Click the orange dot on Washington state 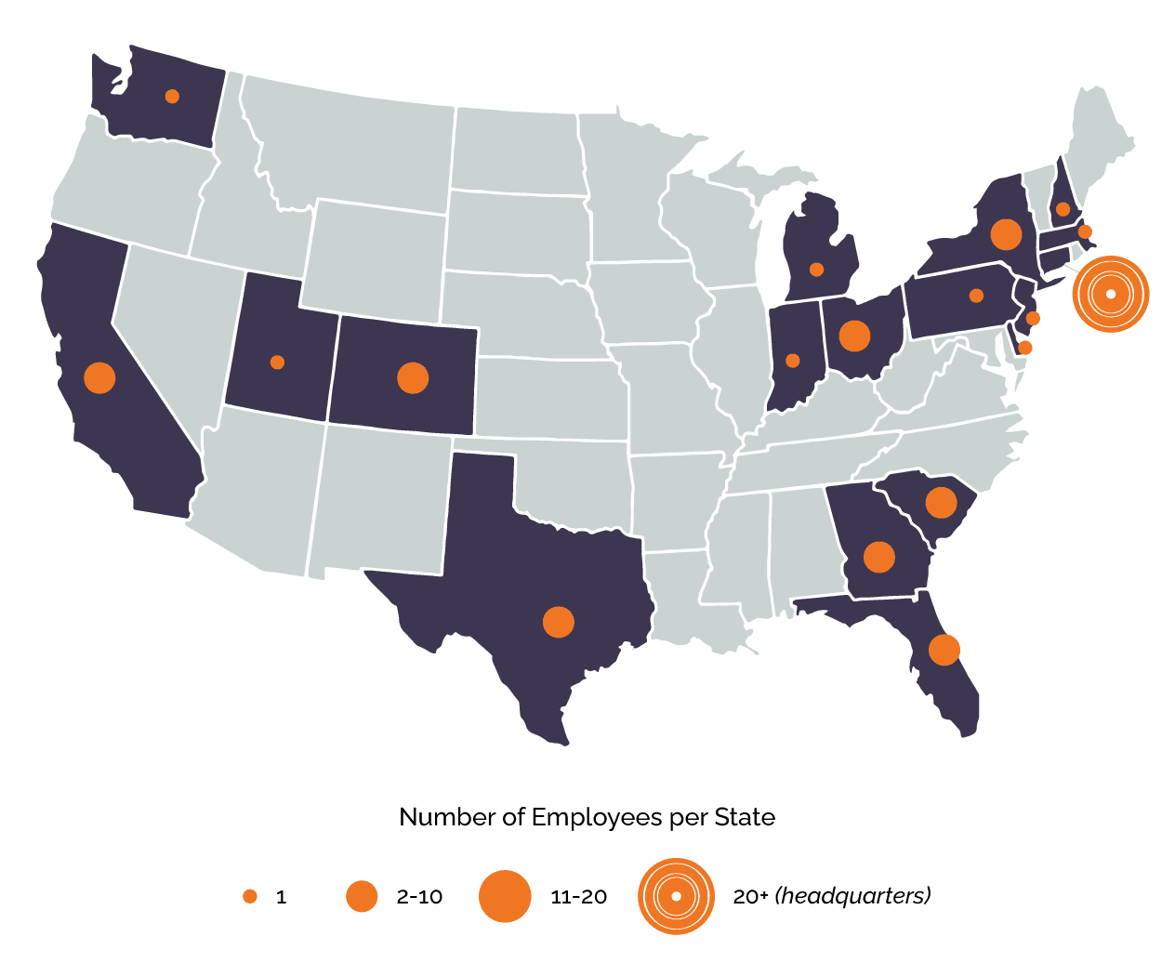[172, 96]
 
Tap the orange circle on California [99, 377]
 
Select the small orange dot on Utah [277, 362]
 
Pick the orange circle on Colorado [412, 377]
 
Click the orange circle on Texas [558, 622]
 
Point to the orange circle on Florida [944, 650]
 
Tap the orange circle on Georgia [878, 557]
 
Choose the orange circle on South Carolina [941, 503]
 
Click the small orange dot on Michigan [816, 270]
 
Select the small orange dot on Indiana [792, 361]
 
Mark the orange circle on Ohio [854, 336]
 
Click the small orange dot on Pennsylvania [976, 296]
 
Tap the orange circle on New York [1006, 234]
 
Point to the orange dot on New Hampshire [1063, 209]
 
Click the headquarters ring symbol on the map [1111, 295]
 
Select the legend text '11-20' [578, 897]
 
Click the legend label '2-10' [419, 897]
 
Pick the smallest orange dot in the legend [250, 896]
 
